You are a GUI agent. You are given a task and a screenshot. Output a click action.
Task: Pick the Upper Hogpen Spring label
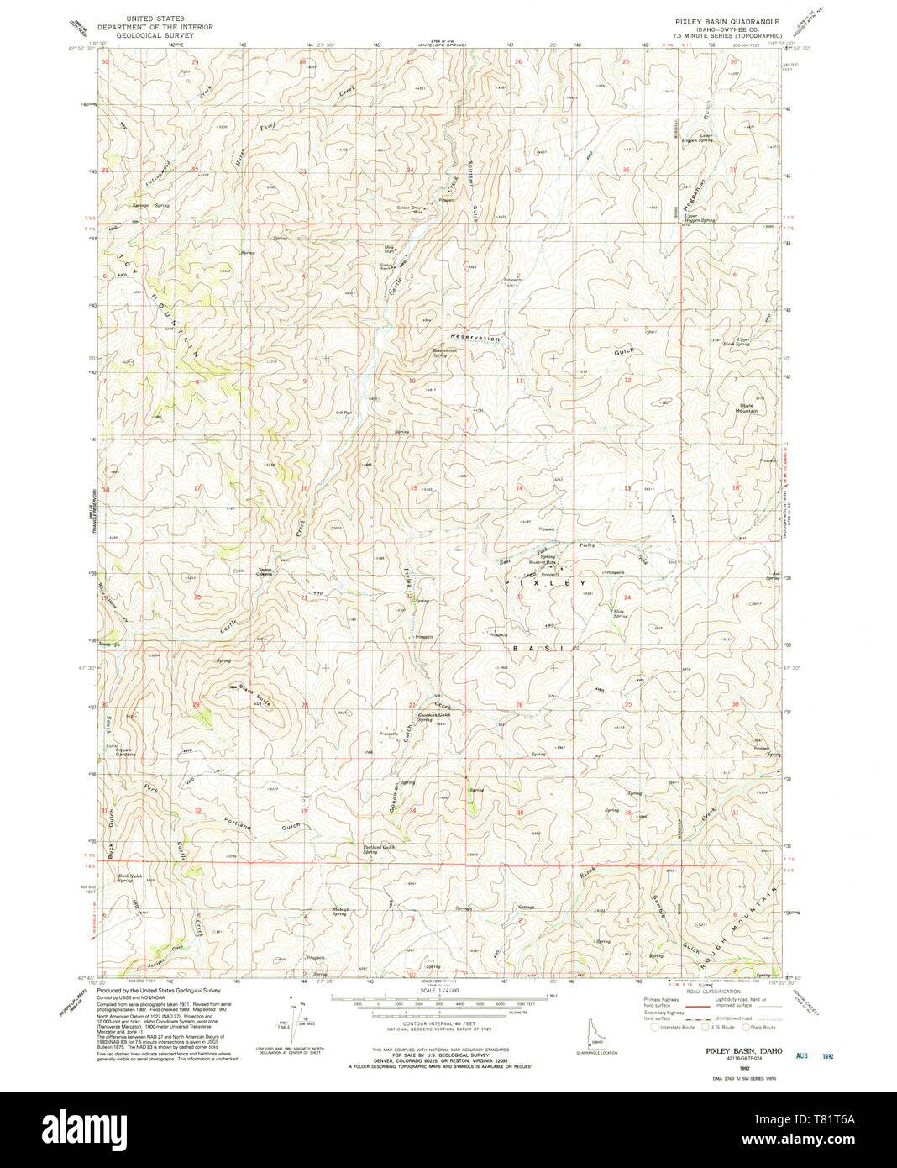point(699,218)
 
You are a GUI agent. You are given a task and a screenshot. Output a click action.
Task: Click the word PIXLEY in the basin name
point(546,582)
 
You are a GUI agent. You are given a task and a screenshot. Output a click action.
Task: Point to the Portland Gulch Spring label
point(379,849)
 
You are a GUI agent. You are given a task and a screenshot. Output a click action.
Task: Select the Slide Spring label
point(621,613)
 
